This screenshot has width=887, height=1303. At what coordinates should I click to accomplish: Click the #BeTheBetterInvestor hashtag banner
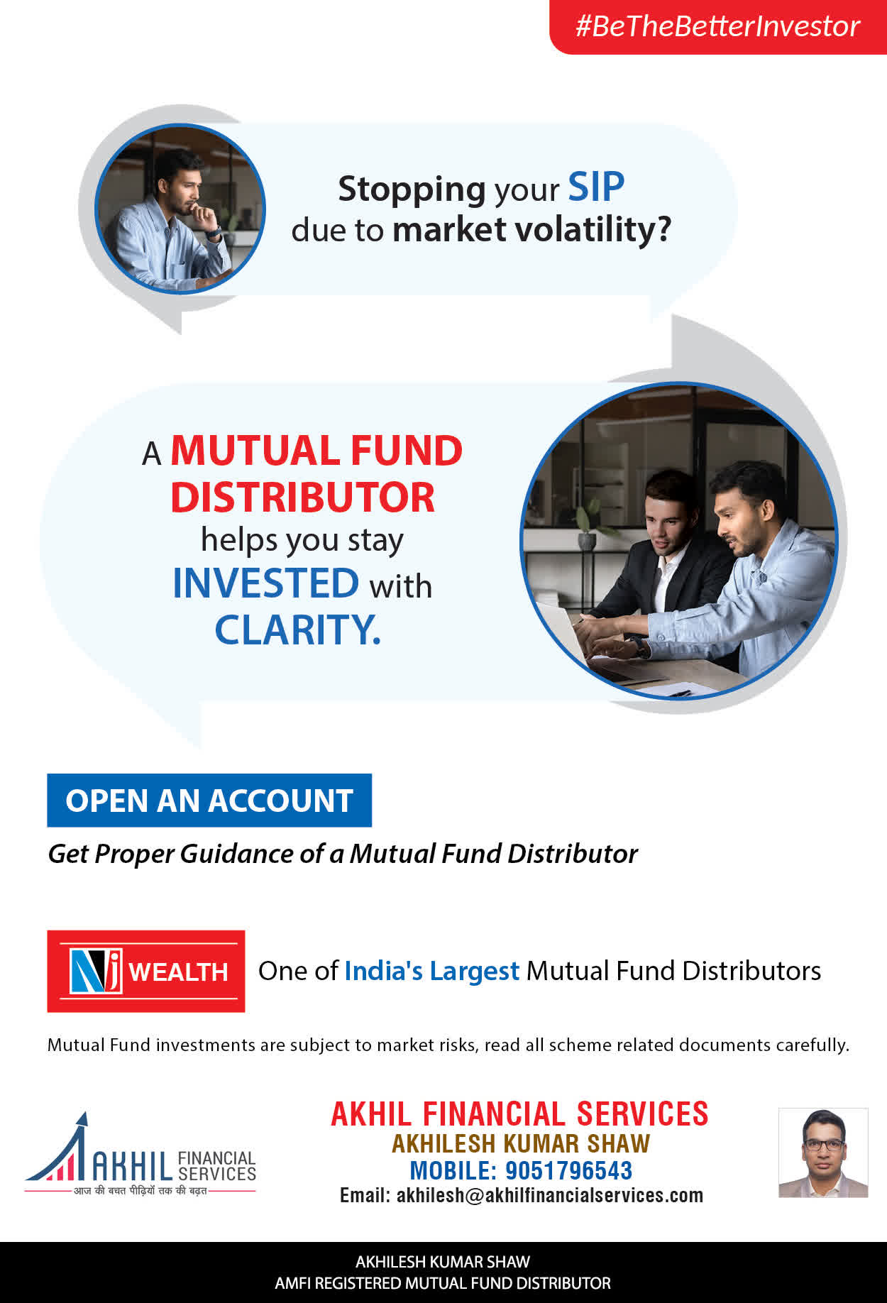(x=717, y=27)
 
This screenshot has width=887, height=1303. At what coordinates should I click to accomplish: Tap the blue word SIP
(x=596, y=188)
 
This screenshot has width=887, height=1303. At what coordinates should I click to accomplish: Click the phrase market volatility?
(x=531, y=230)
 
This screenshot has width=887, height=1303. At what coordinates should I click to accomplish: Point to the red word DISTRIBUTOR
(x=302, y=497)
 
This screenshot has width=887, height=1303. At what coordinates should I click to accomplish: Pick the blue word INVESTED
(x=266, y=583)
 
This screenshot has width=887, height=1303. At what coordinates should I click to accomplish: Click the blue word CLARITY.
(x=297, y=630)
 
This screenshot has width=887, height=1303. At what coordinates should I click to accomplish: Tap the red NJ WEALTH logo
(x=146, y=971)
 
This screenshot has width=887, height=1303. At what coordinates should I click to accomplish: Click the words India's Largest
(x=432, y=972)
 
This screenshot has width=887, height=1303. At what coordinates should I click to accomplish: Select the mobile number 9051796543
(x=568, y=1170)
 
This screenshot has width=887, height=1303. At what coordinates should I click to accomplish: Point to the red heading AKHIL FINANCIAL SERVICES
(x=520, y=1114)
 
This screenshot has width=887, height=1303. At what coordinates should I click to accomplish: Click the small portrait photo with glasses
(x=823, y=1153)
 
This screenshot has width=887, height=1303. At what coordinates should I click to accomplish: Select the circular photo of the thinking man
(x=180, y=209)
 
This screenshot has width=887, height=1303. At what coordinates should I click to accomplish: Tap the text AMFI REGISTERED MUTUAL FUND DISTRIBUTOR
(x=443, y=1283)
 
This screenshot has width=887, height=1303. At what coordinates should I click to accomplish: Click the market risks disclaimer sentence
(x=448, y=1045)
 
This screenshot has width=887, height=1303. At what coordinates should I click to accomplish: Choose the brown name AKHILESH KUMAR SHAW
(x=521, y=1144)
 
